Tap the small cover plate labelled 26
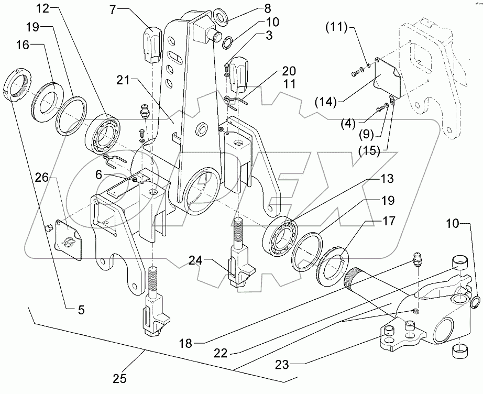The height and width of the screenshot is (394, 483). tap(70, 242)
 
